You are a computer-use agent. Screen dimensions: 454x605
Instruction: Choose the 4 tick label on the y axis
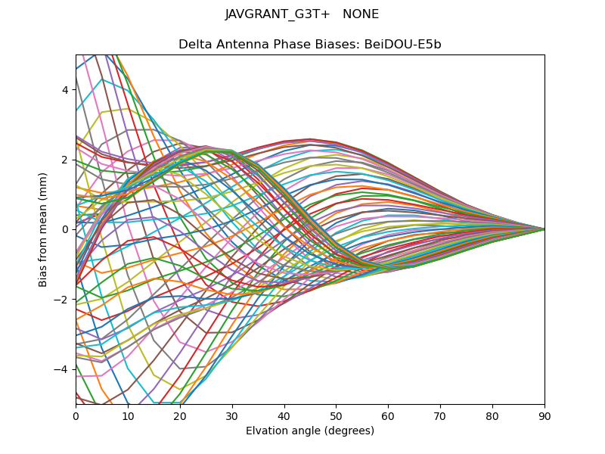pyautogui.click(x=65, y=89)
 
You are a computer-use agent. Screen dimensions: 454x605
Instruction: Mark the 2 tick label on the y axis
pyautogui.click(x=65, y=160)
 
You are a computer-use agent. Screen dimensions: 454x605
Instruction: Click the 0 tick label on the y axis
pyautogui.click(x=65, y=229)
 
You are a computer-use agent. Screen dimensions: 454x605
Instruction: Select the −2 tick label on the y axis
pyautogui.click(x=62, y=299)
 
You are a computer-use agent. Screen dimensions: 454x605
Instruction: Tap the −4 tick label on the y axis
pyautogui.click(x=62, y=369)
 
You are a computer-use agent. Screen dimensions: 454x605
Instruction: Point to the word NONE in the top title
pyautogui.click(x=361, y=14)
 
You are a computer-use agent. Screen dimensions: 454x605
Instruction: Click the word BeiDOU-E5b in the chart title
pyautogui.click(x=405, y=45)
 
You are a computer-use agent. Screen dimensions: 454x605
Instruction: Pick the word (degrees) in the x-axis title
pyautogui.click(x=348, y=431)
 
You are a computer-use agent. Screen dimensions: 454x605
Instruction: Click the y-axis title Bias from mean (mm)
pyautogui.click(x=44, y=229)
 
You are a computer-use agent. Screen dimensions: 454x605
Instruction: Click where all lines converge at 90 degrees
pyautogui.click(x=544, y=229)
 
